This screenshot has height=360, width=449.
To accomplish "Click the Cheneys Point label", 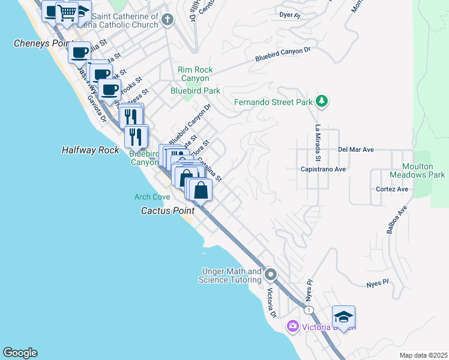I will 39,44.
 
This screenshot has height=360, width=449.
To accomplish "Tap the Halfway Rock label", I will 91,150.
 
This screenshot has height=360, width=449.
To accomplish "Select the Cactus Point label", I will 167,211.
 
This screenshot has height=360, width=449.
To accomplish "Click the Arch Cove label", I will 152,197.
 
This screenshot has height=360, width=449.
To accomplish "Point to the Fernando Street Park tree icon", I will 322,101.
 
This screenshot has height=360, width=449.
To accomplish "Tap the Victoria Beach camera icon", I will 292,326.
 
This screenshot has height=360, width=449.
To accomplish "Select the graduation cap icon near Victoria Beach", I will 343,317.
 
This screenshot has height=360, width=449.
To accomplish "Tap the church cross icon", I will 167,21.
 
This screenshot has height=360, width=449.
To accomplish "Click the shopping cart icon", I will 67,13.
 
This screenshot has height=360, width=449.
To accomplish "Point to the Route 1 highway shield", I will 308,310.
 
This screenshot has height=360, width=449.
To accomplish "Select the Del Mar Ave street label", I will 356,149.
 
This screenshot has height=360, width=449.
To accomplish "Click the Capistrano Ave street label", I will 323,169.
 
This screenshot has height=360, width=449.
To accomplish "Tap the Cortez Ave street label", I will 392,189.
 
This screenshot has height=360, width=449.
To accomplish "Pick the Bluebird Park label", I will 195,91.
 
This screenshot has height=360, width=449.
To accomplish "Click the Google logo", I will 20,353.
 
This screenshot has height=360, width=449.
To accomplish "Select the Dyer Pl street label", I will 289,14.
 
